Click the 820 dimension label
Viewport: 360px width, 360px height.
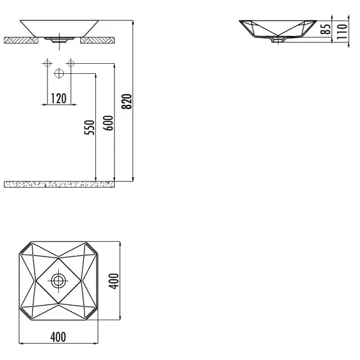127,101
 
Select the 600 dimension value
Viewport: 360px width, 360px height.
108,123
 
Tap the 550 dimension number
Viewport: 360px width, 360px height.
89,128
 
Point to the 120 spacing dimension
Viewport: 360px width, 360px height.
59,99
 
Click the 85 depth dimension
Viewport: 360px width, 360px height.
326,28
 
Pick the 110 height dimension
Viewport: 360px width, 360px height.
342,31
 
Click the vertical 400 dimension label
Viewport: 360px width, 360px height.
114,281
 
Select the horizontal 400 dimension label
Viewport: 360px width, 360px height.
58,337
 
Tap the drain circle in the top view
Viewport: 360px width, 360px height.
58,281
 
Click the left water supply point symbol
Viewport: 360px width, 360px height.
47,63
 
